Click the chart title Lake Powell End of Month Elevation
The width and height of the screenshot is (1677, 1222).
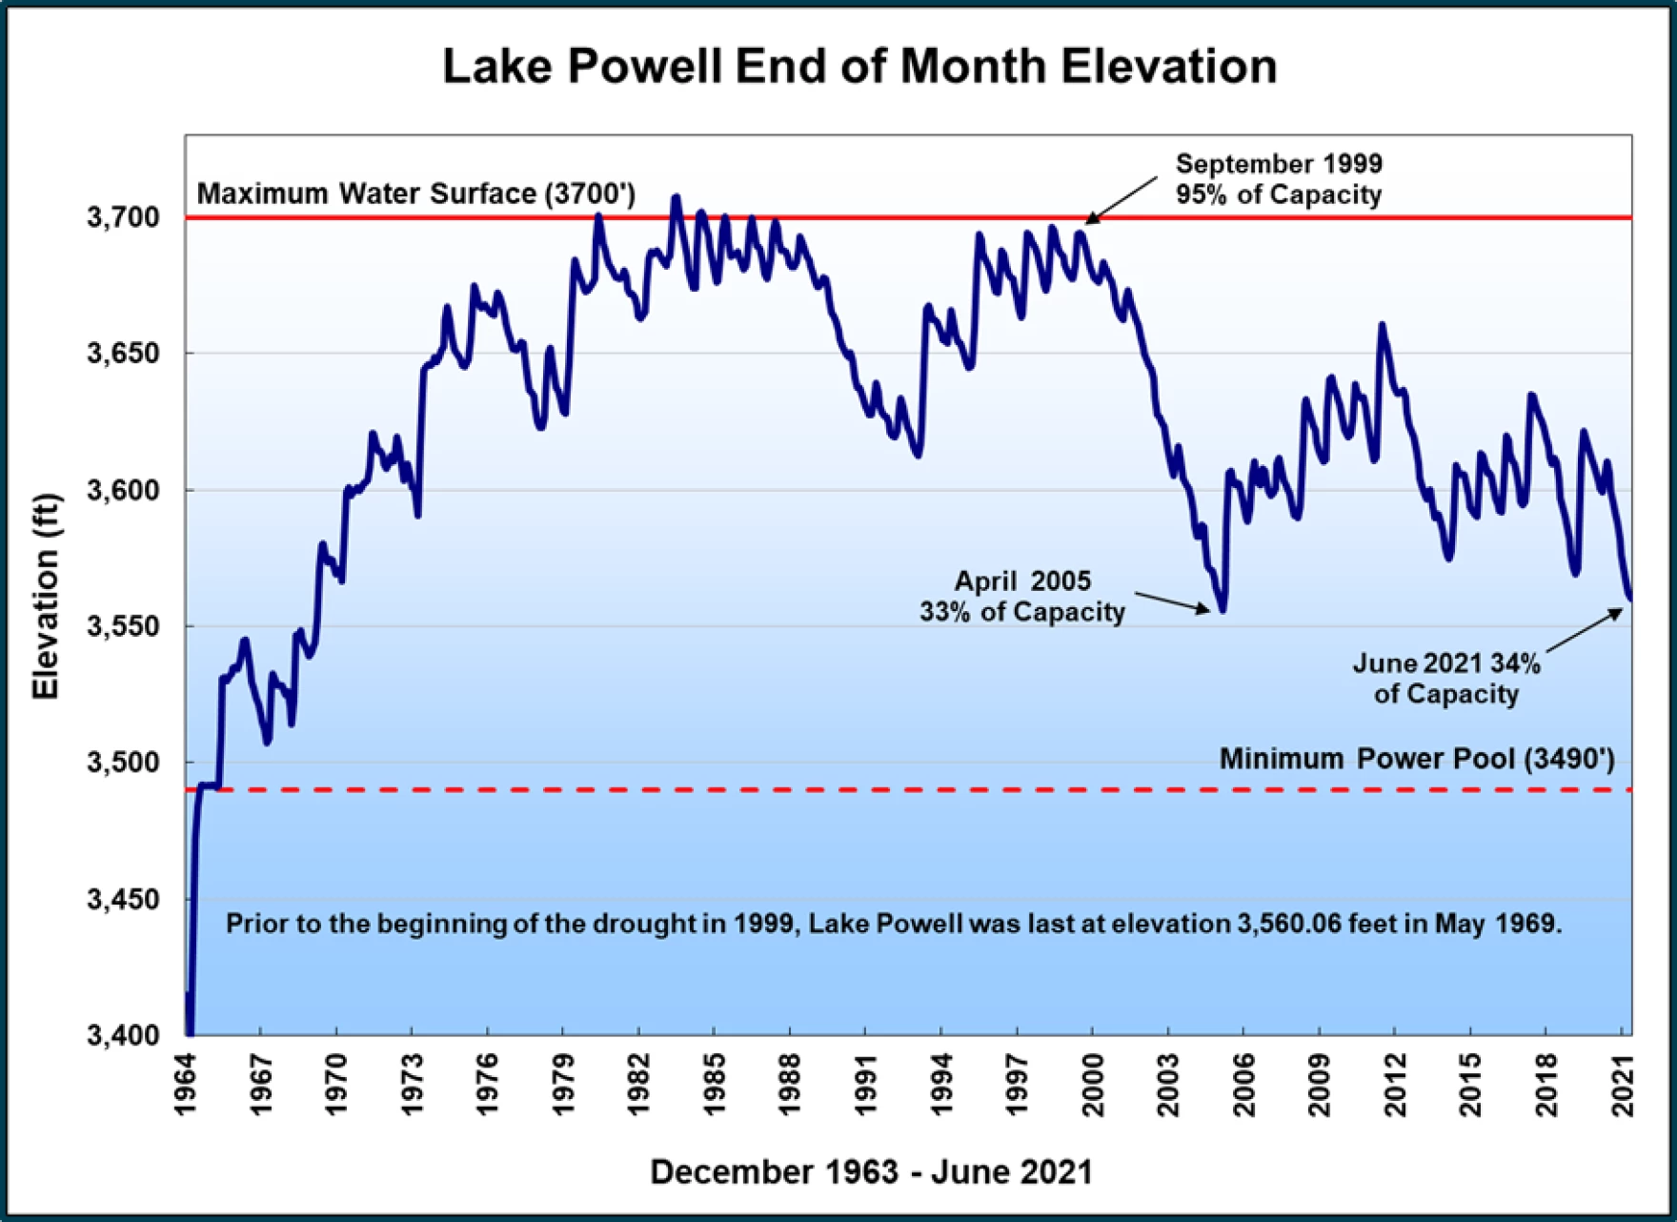859,67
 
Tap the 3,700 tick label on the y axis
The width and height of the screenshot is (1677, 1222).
124,217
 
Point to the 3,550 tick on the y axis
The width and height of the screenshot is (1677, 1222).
124,626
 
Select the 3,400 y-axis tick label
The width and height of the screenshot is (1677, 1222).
124,1035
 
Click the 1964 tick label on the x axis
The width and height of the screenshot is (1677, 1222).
186,1085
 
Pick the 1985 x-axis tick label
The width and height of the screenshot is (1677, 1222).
715,1085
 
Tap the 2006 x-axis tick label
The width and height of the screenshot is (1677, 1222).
1244,1085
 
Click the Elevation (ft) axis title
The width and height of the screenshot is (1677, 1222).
46,597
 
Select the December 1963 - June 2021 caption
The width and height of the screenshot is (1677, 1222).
871,1171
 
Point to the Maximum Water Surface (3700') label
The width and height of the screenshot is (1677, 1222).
415,193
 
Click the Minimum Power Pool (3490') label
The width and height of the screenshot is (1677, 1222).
1417,759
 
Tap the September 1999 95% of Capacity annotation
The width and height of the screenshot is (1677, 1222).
1278,179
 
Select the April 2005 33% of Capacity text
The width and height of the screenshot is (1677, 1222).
1022,597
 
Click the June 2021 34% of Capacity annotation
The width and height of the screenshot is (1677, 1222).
1446,678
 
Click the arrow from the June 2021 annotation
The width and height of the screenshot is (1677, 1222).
1585,630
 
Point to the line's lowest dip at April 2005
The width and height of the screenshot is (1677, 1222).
1222,609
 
